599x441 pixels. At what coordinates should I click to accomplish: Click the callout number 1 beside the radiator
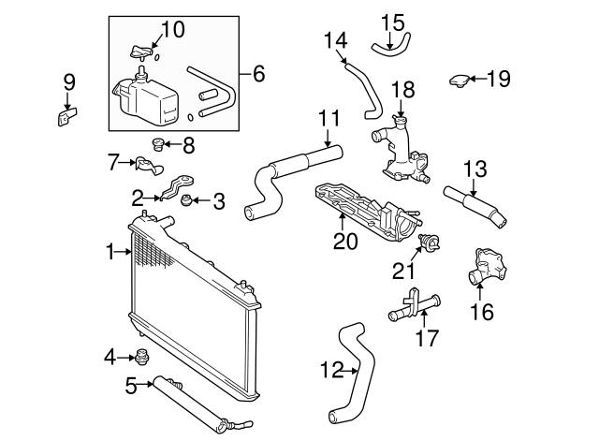111,251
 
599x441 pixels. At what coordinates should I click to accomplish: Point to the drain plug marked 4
143,356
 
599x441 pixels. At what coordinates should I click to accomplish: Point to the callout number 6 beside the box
259,71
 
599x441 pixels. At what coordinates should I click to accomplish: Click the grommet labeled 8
158,144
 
